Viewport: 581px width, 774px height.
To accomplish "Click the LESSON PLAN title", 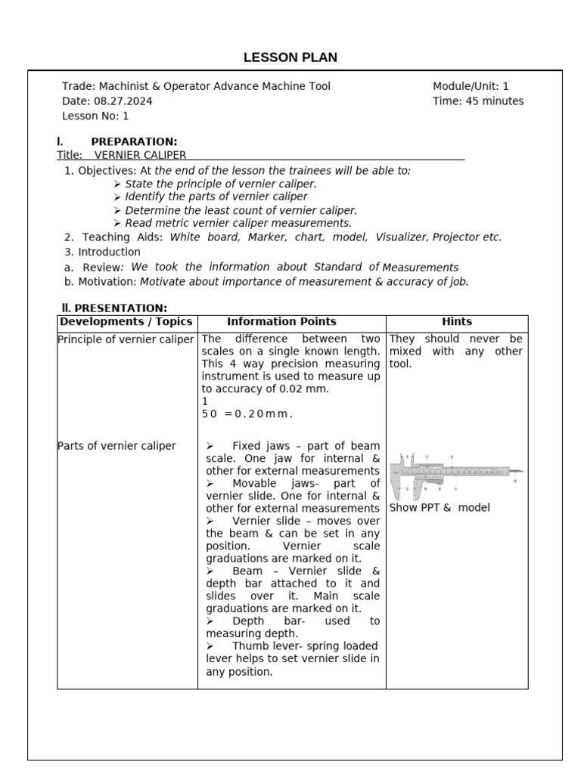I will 290,57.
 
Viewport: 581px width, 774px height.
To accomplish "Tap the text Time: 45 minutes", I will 477,101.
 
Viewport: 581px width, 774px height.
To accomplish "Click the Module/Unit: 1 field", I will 471,86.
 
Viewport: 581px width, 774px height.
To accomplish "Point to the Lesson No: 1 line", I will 95,116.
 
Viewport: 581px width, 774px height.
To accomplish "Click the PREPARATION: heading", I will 134,141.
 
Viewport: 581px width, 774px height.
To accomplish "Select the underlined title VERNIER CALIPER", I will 140,155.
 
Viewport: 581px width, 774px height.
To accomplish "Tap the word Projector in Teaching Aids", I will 456,237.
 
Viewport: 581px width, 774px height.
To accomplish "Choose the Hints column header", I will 457,322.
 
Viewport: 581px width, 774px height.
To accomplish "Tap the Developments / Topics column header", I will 126,322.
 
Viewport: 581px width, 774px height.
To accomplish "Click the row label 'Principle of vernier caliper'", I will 126,339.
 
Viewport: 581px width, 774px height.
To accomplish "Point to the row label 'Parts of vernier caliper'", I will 117,445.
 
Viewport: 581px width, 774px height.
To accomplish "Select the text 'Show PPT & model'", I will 440,507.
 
